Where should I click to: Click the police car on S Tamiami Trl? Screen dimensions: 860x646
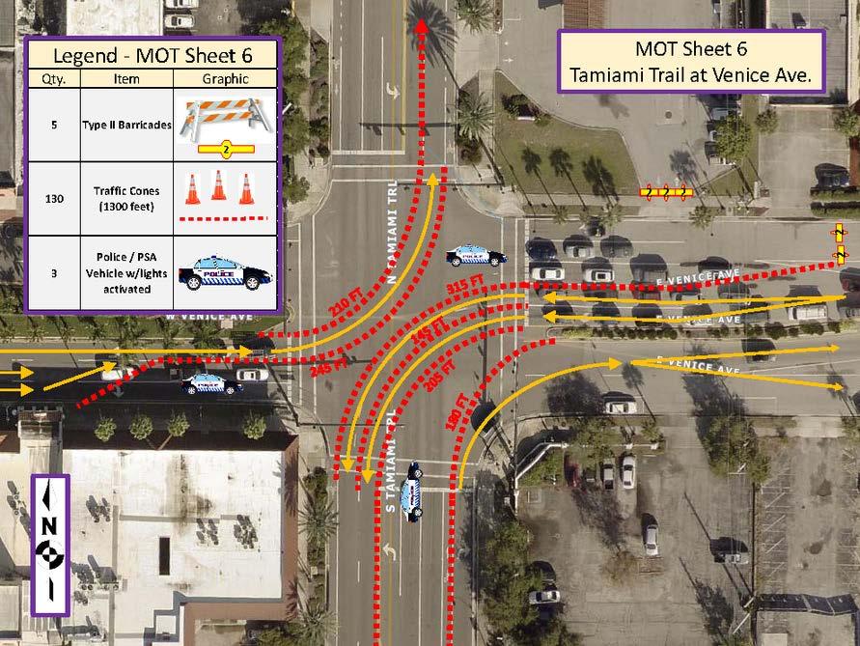click(x=411, y=490)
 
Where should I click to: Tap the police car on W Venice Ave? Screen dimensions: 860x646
click(x=211, y=383)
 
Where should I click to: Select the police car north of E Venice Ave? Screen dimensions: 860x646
click(x=475, y=256)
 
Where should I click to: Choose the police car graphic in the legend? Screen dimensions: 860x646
click(x=225, y=271)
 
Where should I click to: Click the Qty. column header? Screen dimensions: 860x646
click(x=55, y=79)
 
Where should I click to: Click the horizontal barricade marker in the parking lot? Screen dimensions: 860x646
click(x=665, y=191)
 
